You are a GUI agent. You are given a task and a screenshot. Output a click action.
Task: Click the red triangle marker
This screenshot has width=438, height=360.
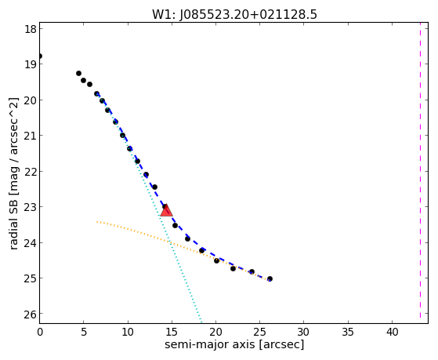click(x=166, y=211)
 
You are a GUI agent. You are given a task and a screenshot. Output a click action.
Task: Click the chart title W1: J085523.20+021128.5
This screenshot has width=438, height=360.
click(x=234, y=14)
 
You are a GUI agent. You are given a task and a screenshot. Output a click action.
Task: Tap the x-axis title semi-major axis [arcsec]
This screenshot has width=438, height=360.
click(x=234, y=344)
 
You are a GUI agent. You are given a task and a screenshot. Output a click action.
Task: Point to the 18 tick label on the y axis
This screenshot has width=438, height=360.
click(x=31, y=29)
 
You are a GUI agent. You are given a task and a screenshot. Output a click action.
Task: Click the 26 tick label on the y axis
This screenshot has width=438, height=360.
click(x=31, y=315)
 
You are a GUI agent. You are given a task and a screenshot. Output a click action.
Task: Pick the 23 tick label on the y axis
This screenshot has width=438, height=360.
click(x=31, y=207)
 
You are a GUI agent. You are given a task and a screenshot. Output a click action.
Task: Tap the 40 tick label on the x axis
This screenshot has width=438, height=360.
click(x=392, y=332)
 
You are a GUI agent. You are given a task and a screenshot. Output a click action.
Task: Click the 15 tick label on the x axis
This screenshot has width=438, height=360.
click(x=172, y=332)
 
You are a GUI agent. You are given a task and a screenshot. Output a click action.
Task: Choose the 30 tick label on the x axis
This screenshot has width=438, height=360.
click(x=304, y=332)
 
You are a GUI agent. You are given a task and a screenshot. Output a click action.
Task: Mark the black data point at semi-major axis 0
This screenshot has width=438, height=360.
click(x=40, y=56)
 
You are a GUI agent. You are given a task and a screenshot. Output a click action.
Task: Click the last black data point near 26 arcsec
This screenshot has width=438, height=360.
click(x=270, y=279)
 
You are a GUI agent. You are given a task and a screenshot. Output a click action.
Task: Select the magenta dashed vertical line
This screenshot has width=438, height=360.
click(x=420, y=173)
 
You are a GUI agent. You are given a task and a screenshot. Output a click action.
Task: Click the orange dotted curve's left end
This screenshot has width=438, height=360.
click(x=96, y=221)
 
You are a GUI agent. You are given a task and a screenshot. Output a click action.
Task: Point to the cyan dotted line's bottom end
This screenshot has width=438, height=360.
click(x=201, y=321)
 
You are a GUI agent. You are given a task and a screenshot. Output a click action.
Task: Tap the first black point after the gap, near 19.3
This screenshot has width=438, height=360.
click(x=79, y=73)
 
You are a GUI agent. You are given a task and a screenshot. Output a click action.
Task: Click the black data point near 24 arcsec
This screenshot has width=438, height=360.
click(x=252, y=271)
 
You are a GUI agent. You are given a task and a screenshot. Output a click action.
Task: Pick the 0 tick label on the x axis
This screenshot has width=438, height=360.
click(x=40, y=332)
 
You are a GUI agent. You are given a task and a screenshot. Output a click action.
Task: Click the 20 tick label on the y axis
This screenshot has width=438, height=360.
click(x=31, y=100)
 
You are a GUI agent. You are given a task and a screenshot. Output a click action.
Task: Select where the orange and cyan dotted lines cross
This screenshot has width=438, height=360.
click(x=169, y=242)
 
